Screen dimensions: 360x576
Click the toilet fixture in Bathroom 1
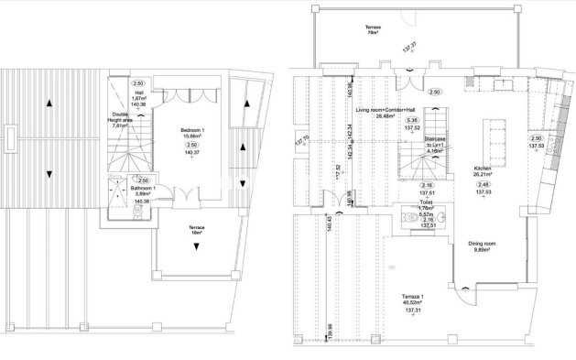pos(136,210)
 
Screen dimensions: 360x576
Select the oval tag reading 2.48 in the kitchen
pos(484,185)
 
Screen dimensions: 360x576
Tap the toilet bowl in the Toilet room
pos(438,218)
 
